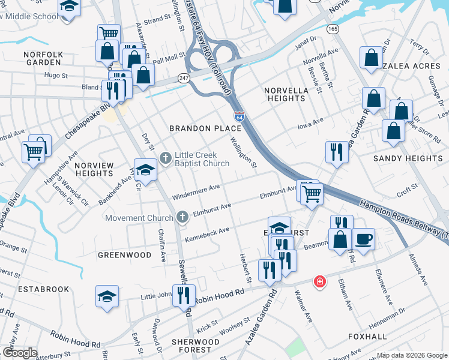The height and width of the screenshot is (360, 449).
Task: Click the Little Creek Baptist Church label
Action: (x=202, y=159)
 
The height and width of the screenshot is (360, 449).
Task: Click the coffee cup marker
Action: (x=364, y=239)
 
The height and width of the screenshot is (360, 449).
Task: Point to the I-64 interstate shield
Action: (x=239, y=116)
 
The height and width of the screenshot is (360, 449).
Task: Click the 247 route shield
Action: (x=184, y=78)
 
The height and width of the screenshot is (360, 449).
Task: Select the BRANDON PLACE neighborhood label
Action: (x=197, y=128)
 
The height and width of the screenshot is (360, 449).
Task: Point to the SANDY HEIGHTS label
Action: (x=408, y=158)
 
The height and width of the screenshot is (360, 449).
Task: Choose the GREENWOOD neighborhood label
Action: (x=125, y=255)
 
